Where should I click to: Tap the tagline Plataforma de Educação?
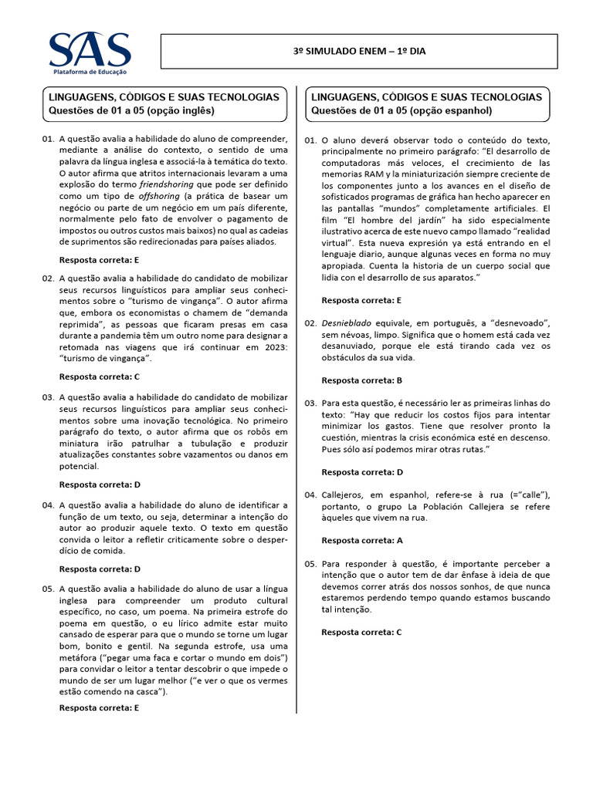(90, 71)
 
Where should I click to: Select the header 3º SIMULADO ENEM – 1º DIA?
(359, 52)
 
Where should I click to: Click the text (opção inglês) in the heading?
(175, 110)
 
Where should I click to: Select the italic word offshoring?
(150, 197)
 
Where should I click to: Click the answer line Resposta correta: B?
(362, 380)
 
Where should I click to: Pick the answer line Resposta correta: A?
(362, 541)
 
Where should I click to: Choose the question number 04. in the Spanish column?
(310, 495)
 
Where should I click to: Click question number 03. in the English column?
(48, 397)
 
